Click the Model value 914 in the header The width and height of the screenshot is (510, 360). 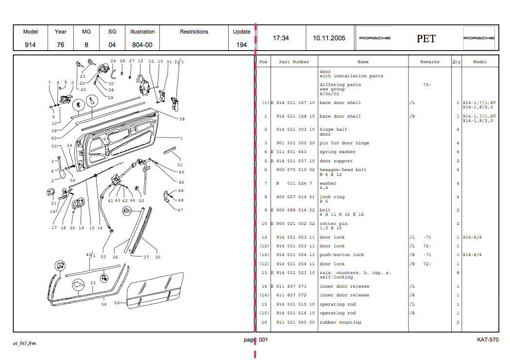(31, 45)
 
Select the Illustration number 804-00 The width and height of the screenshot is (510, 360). (142, 45)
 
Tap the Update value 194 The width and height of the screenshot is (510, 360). (241, 45)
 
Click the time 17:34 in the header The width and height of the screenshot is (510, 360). (281, 38)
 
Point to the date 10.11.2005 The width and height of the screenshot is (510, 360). (329, 38)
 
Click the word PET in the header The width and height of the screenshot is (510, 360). (426, 39)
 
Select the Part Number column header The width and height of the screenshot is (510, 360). (294, 62)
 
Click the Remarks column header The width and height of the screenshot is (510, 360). (429, 62)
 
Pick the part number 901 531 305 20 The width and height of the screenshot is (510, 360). (295, 143)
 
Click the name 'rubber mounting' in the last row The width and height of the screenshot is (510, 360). (340, 322)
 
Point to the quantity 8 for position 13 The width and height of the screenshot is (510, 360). (458, 273)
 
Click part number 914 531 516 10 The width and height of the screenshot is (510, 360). (295, 313)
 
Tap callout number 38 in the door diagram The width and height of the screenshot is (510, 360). (182, 119)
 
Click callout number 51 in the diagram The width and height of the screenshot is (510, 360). (181, 165)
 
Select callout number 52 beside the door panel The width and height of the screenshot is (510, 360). (117, 303)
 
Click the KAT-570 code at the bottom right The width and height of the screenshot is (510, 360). (487, 340)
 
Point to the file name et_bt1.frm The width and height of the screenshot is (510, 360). (24, 343)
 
